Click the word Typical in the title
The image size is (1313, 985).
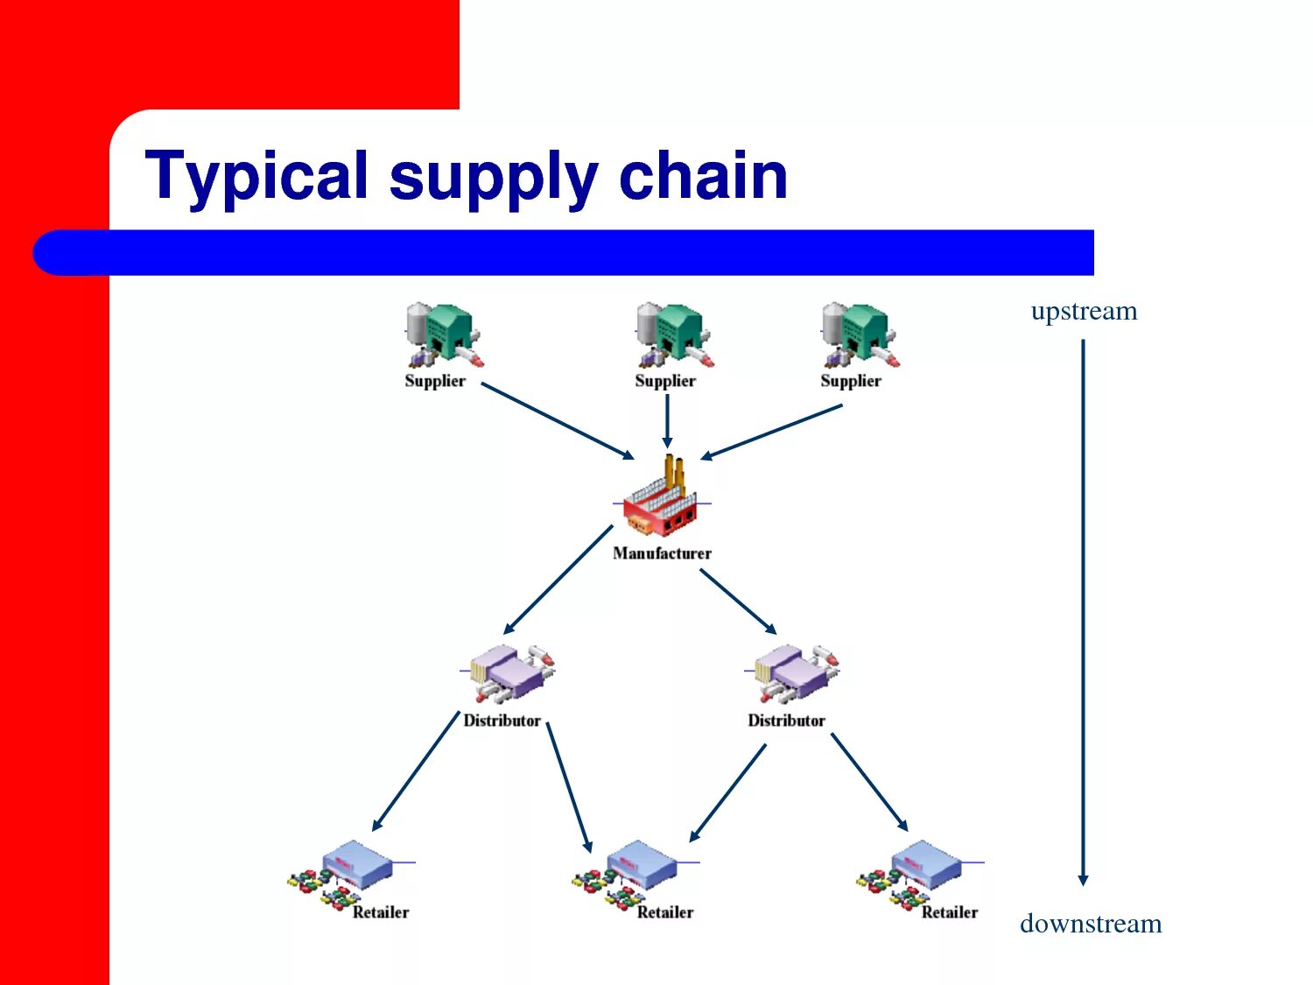click(256, 176)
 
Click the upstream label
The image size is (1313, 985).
click(1084, 311)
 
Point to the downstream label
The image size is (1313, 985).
click(1091, 924)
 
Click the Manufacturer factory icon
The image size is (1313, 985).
click(662, 499)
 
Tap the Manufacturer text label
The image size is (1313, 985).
click(662, 553)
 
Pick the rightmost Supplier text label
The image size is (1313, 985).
click(850, 381)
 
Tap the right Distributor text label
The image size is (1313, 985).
click(786, 721)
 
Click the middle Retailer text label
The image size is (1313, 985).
click(664, 912)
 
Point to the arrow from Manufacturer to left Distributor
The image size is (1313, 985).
click(558, 579)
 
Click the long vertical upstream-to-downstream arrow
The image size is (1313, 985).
click(1083, 613)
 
